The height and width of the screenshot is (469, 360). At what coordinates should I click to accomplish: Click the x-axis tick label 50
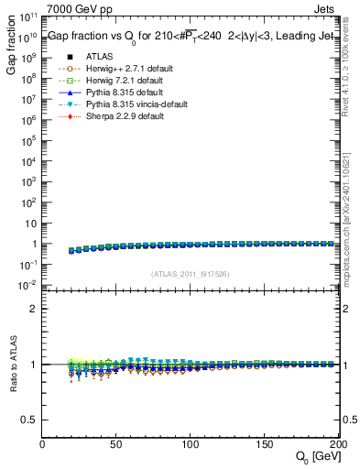(116, 444)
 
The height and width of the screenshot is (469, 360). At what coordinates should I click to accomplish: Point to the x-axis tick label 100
(191, 444)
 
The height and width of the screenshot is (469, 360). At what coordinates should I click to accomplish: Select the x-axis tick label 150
(265, 444)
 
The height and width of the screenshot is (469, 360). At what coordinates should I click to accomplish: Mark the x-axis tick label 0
(42, 444)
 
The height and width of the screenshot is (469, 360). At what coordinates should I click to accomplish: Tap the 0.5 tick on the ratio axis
(29, 419)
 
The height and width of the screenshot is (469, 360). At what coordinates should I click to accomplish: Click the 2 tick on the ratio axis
(33, 309)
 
